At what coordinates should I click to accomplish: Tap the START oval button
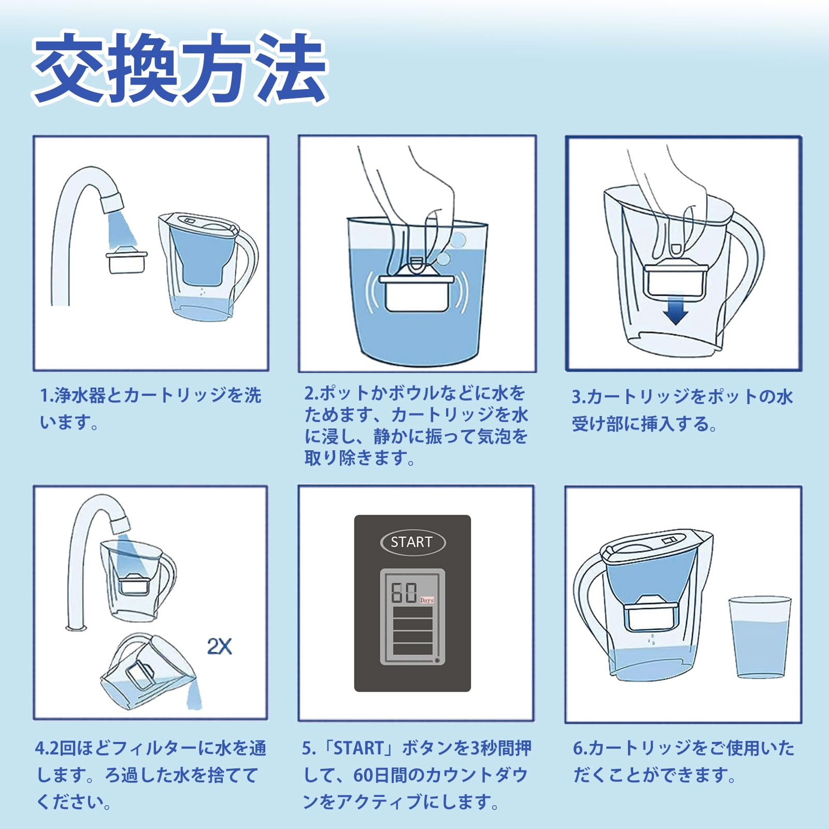[x=412, y=542]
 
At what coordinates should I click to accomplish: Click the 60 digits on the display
[x=404, y=593]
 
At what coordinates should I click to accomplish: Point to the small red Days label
[x=427, y=600]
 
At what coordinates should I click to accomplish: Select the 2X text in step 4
[x=219, y=646]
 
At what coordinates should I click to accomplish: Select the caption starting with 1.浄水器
[x=150, y=409]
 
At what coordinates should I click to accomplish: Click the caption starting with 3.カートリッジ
[x=682, y=410]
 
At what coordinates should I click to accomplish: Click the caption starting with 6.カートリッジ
[x=683, y=762]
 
